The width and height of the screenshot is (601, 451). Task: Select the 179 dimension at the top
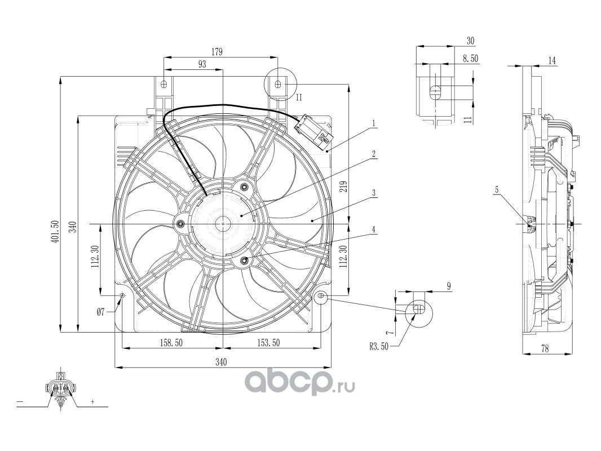[217, 51]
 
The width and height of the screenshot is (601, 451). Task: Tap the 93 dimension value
[202, 64]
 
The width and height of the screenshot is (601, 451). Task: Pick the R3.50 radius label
[379, 347]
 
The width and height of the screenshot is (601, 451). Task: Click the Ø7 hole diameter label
[101, 312]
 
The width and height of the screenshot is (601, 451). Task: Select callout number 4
[373, 229]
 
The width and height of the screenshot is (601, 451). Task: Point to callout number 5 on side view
[497, 190]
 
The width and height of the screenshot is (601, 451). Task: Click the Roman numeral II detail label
[299, 97]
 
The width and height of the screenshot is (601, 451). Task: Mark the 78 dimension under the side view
[545, 349]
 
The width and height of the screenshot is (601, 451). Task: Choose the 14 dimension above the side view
[552, 60]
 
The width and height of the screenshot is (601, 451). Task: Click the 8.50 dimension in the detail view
[470, 58]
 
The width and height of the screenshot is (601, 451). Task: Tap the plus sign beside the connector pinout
[91, 403]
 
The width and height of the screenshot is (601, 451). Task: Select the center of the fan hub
[223, 224]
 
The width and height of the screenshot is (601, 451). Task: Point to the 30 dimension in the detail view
[471, 41]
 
